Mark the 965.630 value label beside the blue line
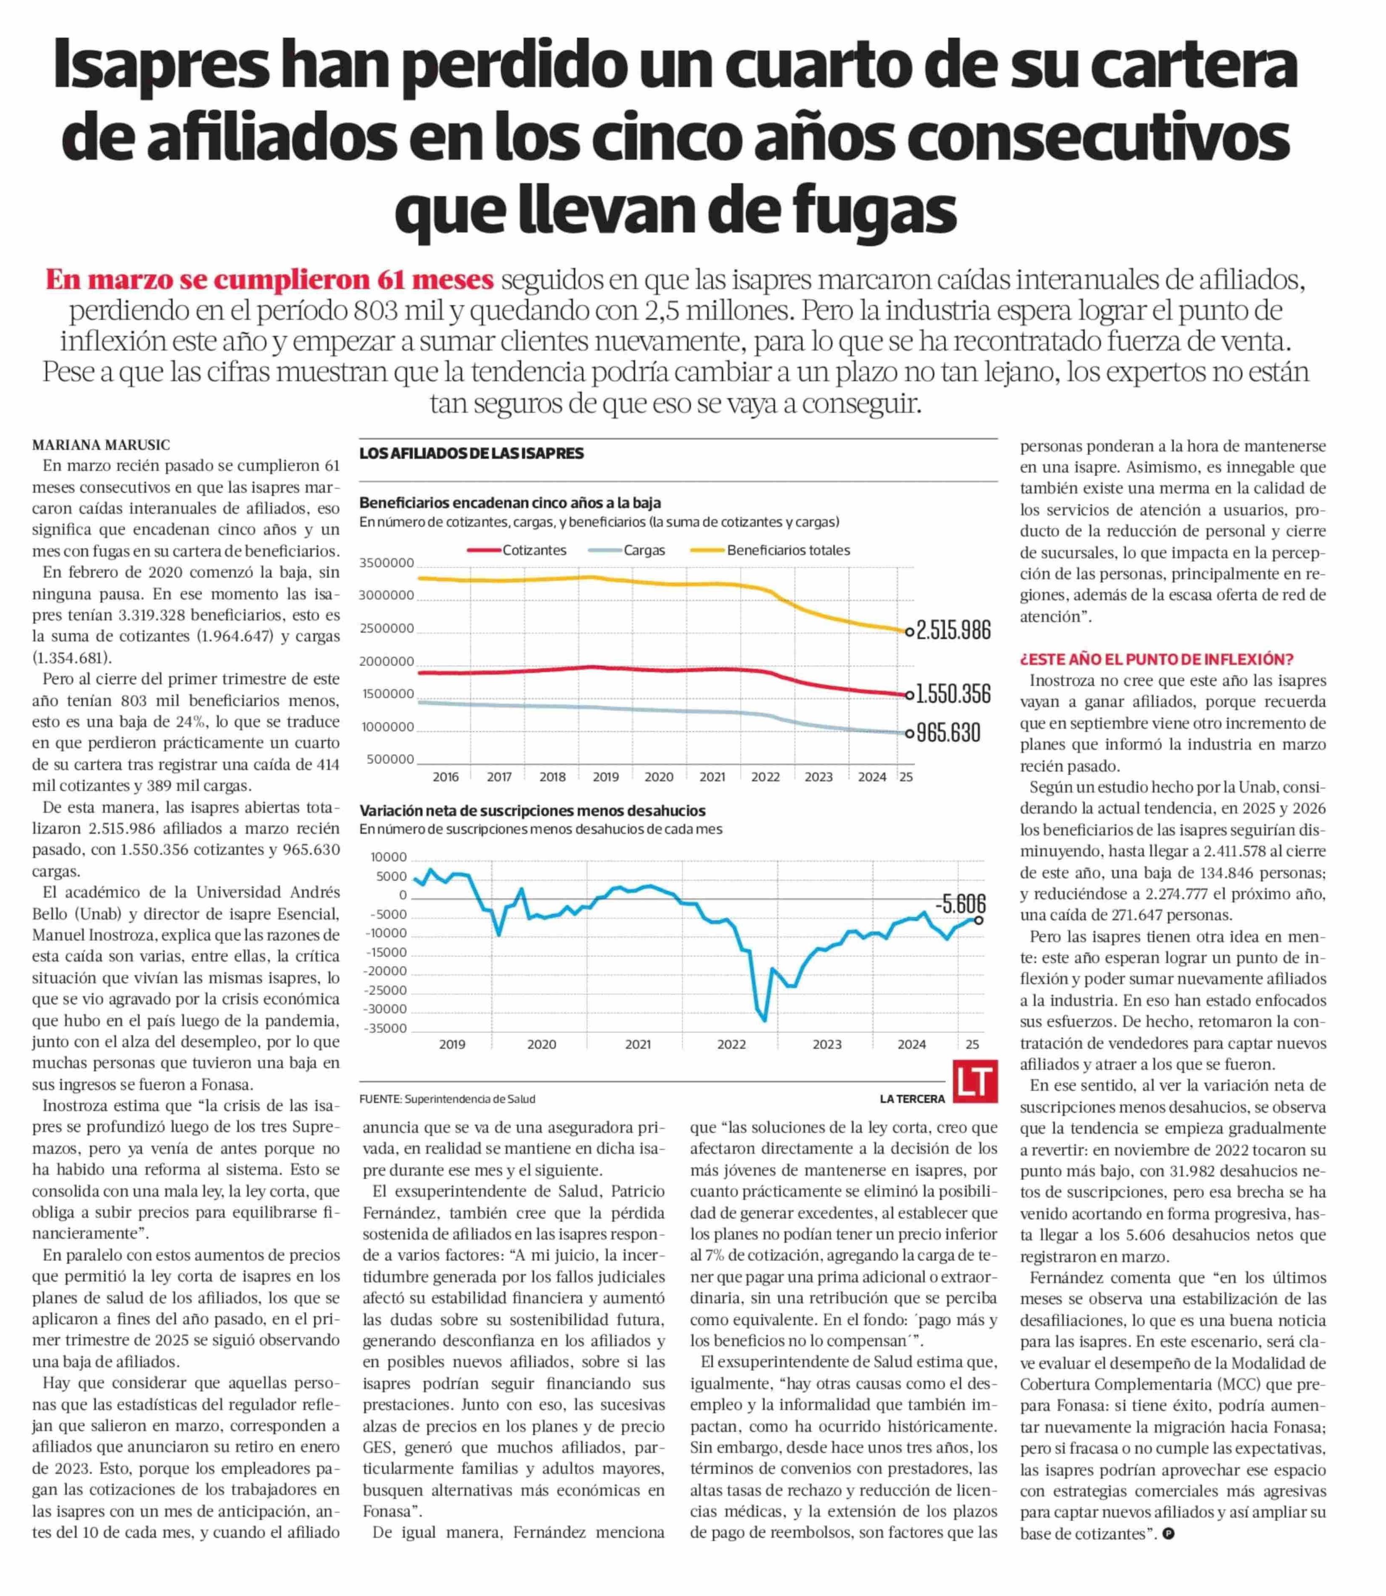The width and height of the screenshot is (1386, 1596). tap(948, 732)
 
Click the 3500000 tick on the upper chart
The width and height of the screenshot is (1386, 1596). tap(387, 563)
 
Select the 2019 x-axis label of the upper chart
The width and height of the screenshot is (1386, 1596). tap(605, 776)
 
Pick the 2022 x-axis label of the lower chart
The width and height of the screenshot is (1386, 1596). tap(731, 1045)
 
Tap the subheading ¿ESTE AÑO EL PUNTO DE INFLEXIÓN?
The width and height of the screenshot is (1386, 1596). tap(1156, 660)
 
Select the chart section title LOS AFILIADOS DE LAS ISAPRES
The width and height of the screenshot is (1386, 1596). tap(471, 454)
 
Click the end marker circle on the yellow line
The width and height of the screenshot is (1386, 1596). tap(909, 631)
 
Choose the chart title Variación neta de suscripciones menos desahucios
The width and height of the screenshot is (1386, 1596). tap(532, 811)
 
